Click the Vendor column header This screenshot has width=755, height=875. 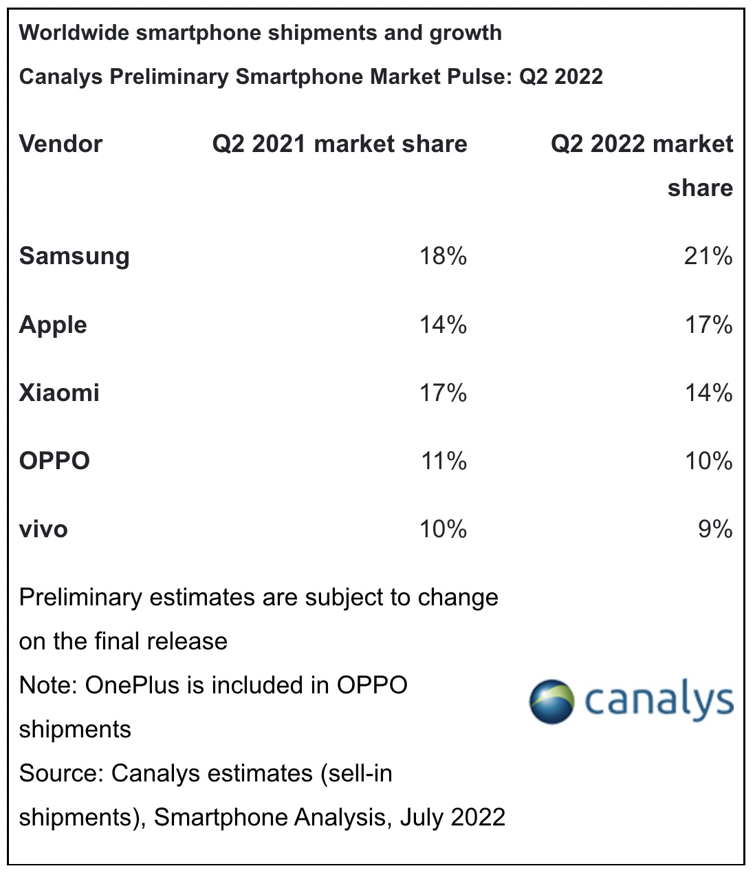[x=61, y=144]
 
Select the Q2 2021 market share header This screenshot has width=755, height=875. [x=340, y=144]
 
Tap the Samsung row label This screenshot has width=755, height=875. [x=74, y=257]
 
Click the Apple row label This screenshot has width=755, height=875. [x=53, y=325]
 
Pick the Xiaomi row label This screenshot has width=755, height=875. [x=59, y=393]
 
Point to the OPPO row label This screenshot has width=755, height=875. [x=54, y=461]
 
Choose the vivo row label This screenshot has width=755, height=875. [x=43, y=529]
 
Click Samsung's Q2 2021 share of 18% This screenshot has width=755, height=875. [x=444, y=257]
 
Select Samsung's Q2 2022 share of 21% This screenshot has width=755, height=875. [x=708, y=257]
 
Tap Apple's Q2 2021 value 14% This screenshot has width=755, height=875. [x=444, y=325]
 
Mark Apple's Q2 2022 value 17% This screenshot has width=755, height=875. [x=708, y=325]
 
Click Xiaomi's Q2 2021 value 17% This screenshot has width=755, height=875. [x=444, y=393]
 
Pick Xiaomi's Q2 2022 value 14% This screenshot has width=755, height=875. [x=708, y=393]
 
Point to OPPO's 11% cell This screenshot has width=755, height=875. [x=444, y=461]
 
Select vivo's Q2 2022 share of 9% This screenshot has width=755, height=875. [x=715, y=529]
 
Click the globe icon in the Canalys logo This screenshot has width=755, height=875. [x=551, y=701]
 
